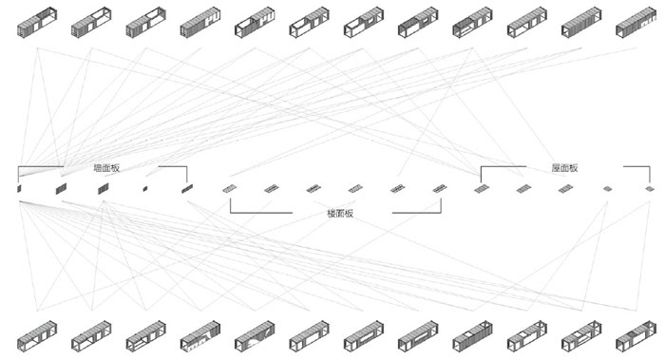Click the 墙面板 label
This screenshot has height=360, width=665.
point(106,168)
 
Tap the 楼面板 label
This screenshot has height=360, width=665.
point(341,214)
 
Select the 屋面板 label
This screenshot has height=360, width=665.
point(565,168)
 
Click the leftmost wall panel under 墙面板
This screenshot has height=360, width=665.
point(19,190)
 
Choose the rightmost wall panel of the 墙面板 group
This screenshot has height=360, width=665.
point(186,189)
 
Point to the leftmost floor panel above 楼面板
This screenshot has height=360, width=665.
point(229,189)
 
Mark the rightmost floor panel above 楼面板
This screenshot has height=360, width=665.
point(439,189)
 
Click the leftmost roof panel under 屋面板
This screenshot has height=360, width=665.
point(480,189)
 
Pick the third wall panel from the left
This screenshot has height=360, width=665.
point(102,190)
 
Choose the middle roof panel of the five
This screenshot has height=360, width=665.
point(565,189)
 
